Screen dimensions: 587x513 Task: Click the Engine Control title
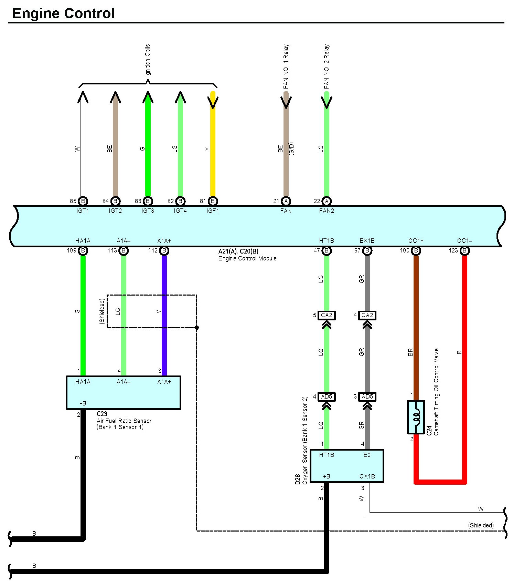click(x=63, y=13)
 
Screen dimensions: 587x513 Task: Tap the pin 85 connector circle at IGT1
click(x=83, y=201)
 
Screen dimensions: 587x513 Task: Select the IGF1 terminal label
click(x=213, y=211)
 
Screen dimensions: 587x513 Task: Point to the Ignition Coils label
click(x=148, y=60)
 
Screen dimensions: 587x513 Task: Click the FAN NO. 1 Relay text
click(x=286, y=66)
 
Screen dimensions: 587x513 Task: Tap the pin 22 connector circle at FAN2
click(x=327, y=201)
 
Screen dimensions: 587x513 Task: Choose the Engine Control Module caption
click(x=247, y=258)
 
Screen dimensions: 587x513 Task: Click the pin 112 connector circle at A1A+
click(x=164, y=251)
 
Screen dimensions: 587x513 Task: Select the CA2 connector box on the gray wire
click(x=367, y=315)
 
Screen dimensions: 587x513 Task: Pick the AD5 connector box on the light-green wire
click(x=327, y=397)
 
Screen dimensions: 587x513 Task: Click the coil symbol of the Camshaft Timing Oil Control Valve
click(x=416, y=417)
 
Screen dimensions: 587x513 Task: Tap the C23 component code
click(x=102, y=414)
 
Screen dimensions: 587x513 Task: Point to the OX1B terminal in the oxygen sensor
click(x=367, y=476)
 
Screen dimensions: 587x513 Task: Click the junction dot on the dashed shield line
click(x=197, y=328)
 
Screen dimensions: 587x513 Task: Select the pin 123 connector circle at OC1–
click(x=464, y=251)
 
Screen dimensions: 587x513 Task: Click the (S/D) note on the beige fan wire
click(x=291, y=149)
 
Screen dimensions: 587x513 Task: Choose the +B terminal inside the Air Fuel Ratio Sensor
click(x=83, y=403)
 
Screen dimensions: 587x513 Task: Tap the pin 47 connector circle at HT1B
click(x=327, y=251)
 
